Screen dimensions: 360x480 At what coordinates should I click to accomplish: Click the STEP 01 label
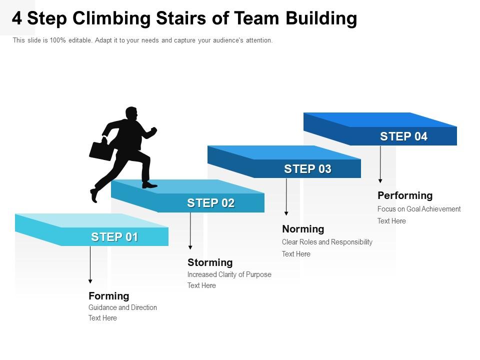click(114, 237)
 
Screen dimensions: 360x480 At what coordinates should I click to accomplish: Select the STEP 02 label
click(210, 203)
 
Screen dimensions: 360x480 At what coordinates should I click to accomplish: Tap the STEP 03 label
click(307, 169)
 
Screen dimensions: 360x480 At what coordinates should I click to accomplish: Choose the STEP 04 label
click(403, 136)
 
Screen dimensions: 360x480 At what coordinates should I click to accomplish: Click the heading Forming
click(109, 296)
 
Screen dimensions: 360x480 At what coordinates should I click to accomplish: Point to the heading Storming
click(210, 262)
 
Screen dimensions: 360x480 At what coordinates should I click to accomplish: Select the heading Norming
click(303, 229)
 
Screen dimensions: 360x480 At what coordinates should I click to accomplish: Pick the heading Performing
click(405, 195)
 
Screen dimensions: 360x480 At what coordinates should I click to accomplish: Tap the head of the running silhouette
click(131, 113)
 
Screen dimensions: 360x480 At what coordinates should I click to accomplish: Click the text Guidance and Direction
click(122, 307)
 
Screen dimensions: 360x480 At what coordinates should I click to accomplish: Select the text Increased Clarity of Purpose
click(229, 274)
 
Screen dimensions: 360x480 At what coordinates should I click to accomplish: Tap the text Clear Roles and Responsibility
click(327, 242)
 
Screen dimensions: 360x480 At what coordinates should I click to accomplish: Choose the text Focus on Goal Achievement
click(419, 209)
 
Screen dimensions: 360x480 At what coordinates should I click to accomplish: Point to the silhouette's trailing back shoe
click(94, 194)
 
